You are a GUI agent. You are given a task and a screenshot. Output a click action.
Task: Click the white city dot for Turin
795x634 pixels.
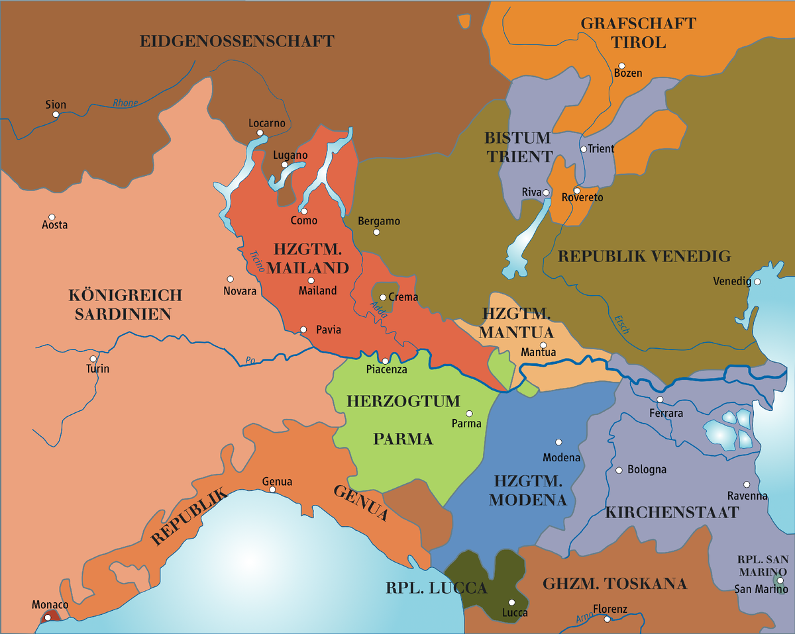click(x=93, y=359)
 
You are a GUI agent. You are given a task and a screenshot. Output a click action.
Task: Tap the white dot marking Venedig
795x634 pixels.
click(x=757, y=281)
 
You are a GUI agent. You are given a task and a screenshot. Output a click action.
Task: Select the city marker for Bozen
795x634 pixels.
click(x=621, y=66)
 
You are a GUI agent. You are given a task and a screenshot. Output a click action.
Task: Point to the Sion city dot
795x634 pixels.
click(x=56, y=114)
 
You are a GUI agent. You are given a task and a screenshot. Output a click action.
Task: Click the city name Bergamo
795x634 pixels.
click(x=379, y=221)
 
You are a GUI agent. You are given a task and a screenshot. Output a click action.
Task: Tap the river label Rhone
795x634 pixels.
click(x=125, y=103)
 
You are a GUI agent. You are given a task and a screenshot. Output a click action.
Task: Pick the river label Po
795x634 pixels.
click(x=250, y=361)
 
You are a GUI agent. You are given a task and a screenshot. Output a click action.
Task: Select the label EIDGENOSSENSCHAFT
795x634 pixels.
click(x=237, y=41)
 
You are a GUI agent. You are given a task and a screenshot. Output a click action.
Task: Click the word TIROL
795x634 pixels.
click(x=639, y=43)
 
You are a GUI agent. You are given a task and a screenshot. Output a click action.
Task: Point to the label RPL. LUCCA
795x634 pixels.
click(x=437, y=588)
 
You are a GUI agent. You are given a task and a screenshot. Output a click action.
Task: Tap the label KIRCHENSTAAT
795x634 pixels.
click(x=672, y=512)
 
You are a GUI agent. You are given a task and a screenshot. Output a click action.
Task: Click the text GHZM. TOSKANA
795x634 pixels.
click(x=615, y=584)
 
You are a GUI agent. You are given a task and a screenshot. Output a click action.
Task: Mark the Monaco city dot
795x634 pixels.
click(x=46, y=617)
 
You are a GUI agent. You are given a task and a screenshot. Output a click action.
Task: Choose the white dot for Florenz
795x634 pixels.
click(x=607, y=619)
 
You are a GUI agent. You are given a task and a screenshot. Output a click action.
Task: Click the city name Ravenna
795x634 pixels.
click(x=747, y=496)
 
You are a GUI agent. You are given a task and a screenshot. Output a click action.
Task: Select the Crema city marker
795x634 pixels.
click(x=383, y=297)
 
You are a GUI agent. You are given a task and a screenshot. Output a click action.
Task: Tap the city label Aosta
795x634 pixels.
click(x=55, y=225)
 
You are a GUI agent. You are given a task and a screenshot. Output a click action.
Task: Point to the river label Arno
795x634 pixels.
click(x=584, y=617)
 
